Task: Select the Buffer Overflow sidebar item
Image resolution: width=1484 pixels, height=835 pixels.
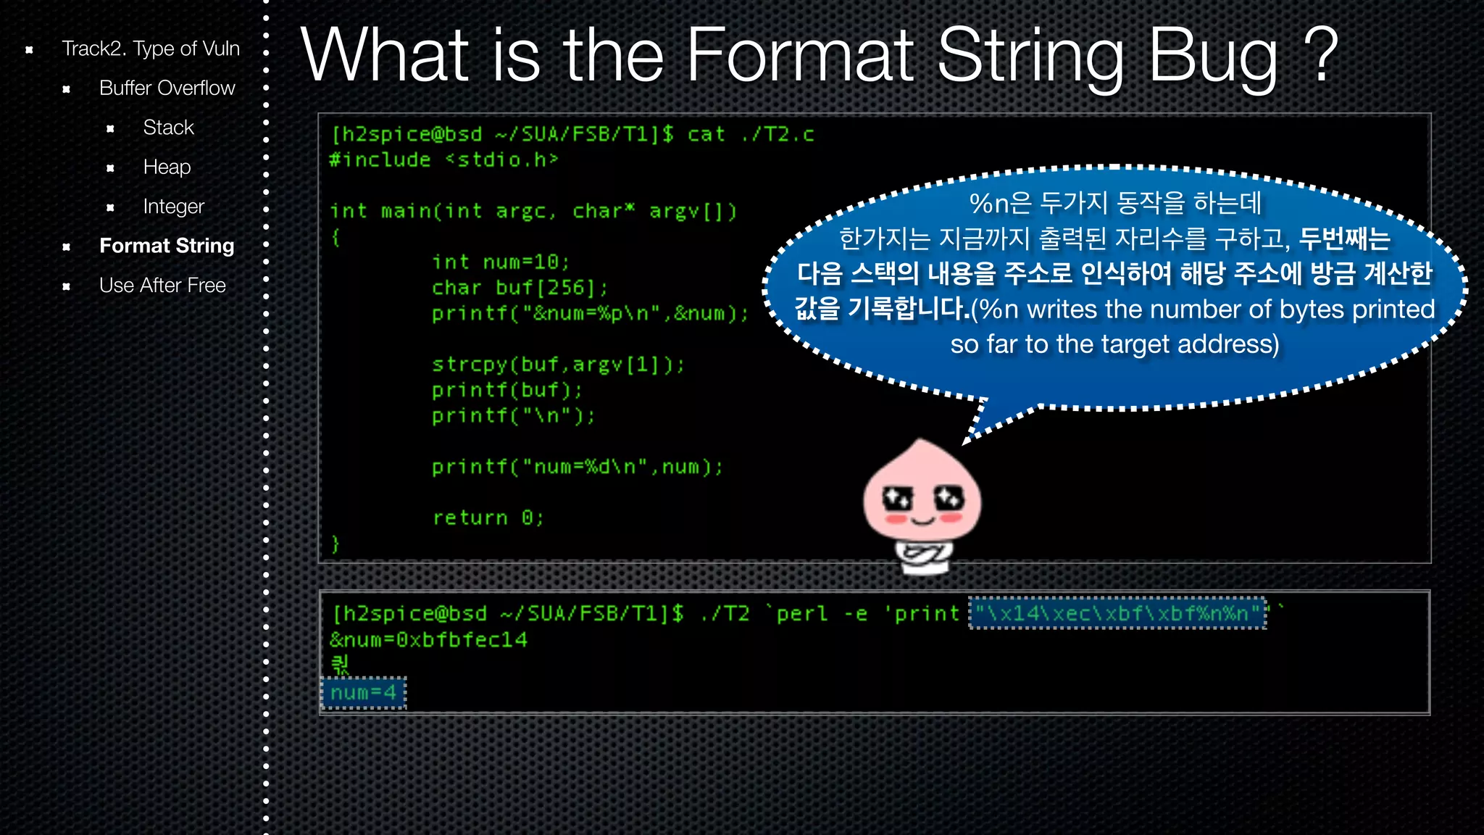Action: click(x=167, y=88)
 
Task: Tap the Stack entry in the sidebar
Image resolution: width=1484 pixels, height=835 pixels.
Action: click(x=168, y=128)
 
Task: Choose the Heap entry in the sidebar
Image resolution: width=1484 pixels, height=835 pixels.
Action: click(x=167, y=167)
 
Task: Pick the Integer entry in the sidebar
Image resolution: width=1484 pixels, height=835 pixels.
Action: click(x=173, y=207)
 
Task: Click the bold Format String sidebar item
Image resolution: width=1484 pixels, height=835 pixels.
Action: click(x=167, y=246)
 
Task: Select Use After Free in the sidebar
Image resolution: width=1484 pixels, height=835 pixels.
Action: click(x=162, y=286)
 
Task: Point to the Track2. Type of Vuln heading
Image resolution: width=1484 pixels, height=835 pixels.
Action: click(x=150, y=49)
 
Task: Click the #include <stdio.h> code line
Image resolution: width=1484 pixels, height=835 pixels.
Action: click(x=443, y=159)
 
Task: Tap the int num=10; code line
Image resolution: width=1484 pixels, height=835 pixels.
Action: click(x=501, y=262)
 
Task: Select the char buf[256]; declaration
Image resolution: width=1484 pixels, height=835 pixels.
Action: click(x=520, y=288)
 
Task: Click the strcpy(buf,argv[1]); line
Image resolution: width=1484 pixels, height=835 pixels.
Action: click(x=557, y=364)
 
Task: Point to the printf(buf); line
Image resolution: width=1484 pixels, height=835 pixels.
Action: click(x=507, y=390)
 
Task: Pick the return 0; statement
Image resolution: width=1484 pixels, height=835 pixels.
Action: click(x=488, y=518)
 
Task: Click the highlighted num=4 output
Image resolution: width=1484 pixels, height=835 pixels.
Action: click(x=364, y=693)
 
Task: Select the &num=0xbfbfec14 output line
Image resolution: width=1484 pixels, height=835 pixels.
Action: click(x=428, y=640)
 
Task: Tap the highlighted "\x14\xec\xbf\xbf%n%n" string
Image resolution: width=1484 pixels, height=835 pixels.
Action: click(x=1118, y=614)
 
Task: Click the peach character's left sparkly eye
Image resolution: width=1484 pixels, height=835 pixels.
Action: click(x=898, y=498)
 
